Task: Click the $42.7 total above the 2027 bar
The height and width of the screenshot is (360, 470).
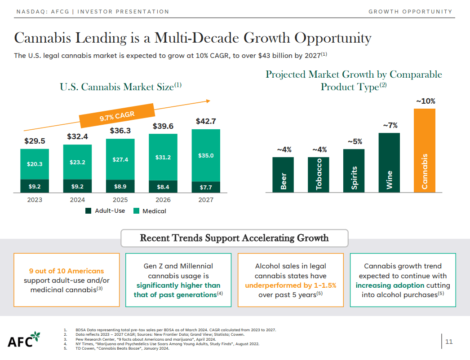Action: click(x=206, y=121)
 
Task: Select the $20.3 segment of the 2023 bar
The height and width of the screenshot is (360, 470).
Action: click(x=35, y=164)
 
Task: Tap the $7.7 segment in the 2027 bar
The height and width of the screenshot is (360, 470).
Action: click(x=206, y=187)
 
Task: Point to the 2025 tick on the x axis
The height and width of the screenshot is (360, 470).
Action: click(x=120, y=200)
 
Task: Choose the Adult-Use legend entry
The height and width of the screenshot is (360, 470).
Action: click(x=106, y=211)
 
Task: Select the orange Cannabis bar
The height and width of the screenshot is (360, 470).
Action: click(x=424, y=150)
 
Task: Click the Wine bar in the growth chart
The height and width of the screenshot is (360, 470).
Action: click(x=389, y=162)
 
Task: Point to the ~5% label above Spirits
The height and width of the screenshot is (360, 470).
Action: click(x=355, y=141)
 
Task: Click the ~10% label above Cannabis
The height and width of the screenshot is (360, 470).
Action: click(x=425, y=101)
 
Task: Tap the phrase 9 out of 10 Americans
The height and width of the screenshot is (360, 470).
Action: click(x=67, y=271)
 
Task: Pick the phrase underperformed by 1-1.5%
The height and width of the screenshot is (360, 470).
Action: click(x=290, y=285)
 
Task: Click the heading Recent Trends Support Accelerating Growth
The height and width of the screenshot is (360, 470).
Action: click(x=234, y=238)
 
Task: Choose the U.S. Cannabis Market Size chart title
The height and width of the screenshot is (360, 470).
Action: click(x=120, y=87)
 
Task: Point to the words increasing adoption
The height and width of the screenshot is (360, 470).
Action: click(x=390, y=285)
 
